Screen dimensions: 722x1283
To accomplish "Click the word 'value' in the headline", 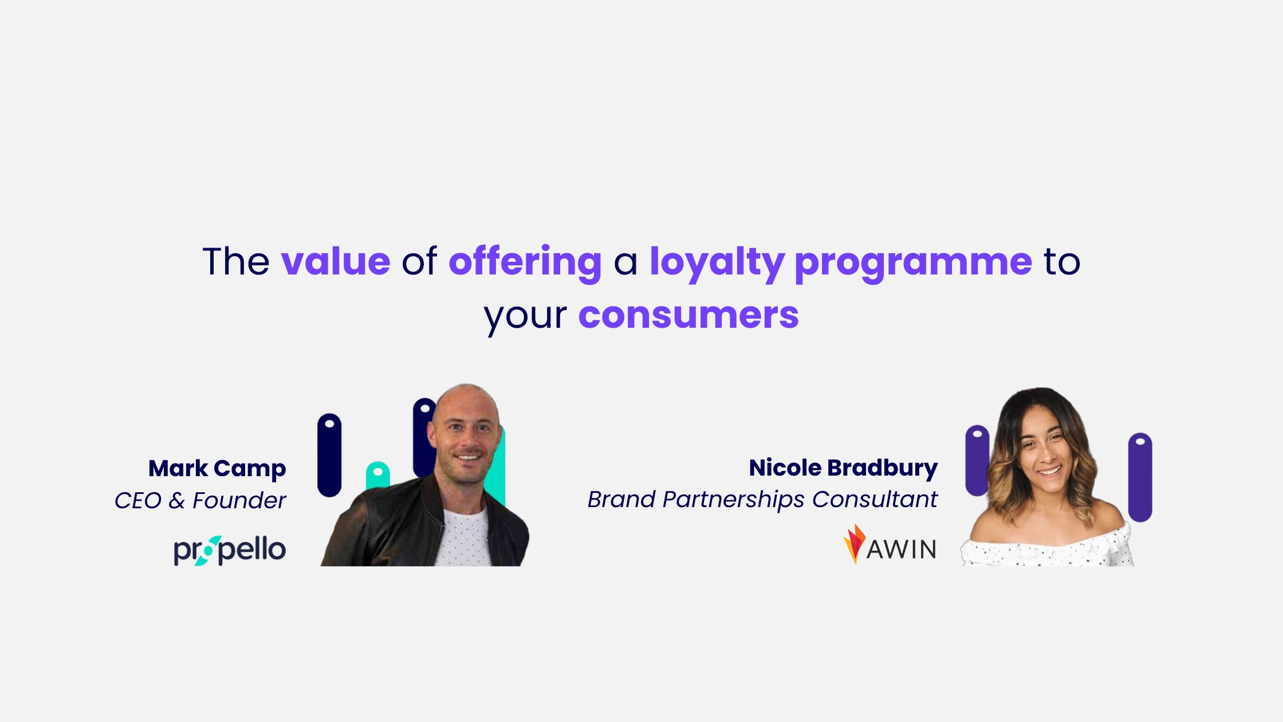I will pos(336,262).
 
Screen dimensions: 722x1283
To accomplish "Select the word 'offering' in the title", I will pos(525,262).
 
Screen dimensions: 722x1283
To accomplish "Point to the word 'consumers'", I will pos(688,315).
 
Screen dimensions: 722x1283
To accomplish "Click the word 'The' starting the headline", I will pos(235,262).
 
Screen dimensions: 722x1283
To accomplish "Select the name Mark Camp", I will pos(217,469).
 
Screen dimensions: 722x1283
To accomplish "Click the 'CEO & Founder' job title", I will pos(200,500).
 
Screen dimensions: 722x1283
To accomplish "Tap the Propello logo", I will pos(229,550).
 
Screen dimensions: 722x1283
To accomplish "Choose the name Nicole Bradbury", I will pos(843,468).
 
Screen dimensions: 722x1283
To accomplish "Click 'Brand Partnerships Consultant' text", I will pos(762,499).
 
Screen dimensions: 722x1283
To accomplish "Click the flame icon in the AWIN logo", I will pos(854,543).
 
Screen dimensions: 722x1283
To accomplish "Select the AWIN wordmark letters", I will pos(902,550).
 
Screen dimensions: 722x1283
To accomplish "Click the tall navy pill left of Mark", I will pos(329,456).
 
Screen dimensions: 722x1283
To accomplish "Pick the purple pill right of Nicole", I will pos(1140,477).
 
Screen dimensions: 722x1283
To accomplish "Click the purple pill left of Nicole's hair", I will pos(976,460).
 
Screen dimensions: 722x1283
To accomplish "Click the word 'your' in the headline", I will pos(525,316).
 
